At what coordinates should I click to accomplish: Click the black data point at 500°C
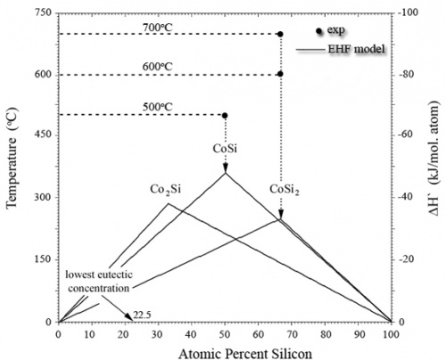pyautogui.click(x=224, y=116)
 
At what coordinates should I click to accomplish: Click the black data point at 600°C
pyautogui.click(x=280, y=75)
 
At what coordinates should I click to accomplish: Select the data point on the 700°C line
pyautogui.click(x=280, y=34)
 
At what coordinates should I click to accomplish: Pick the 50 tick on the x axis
pyautogui.click(x=224, y=331)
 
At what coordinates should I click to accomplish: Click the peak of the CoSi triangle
pyautogui.click(x=225, y=173)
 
